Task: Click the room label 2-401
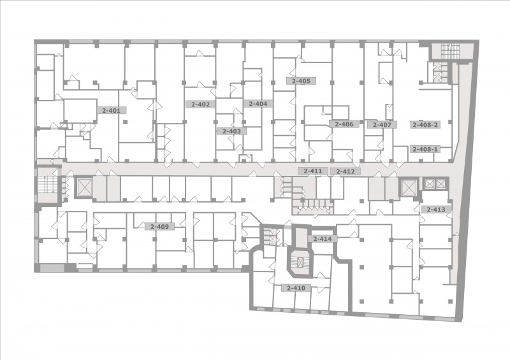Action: [x=112, y=110]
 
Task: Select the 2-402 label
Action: [x=200, y=104]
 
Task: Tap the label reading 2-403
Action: [x=231, y=131]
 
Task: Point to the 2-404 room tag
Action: [x=258, y=103]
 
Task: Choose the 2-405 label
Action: [x=301, y=81]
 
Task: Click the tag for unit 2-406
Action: [x=344, y=124]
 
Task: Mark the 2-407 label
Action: [x=382, y=124]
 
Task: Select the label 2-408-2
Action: [x=425, y=124]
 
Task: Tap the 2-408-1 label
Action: [x=425, y=149]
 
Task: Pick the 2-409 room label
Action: [x=160, y=226]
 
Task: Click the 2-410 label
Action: [x=296, y=288]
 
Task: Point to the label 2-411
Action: [x=313, y=171]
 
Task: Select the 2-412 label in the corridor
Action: [x=346, y=171]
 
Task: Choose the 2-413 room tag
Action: [x=436, y=210]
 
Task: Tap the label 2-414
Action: [x=323, y=239]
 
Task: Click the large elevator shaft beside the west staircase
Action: [x=85, y=187]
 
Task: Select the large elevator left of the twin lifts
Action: [x=408, y=187]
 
